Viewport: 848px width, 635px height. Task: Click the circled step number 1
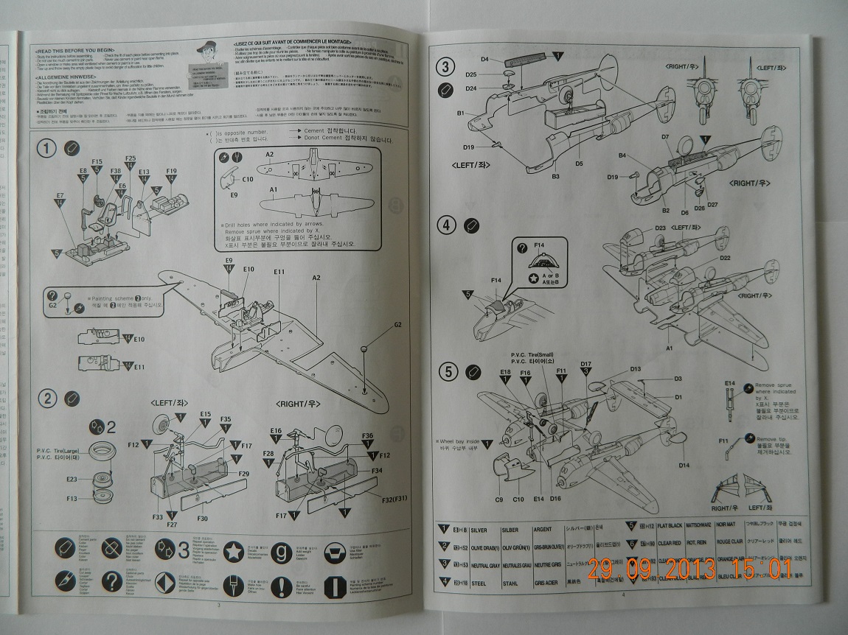(48, 149)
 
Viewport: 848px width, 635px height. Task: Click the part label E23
(72, 480)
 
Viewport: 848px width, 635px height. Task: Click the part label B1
(460, 113)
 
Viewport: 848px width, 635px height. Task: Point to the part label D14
(684, 465)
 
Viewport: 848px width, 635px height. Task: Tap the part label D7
(664, 137)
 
